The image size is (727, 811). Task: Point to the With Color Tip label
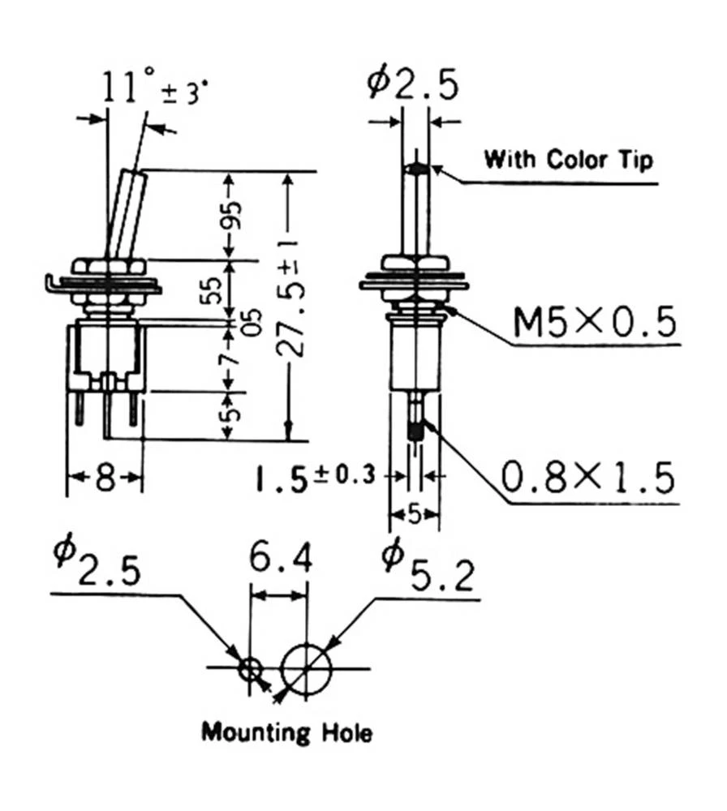click(x=568, y=159)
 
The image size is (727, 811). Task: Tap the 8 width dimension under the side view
click(x=105, y=478)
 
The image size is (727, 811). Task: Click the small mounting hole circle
click(x=251, y=669)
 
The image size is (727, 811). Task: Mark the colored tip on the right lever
click(x=416, y=169)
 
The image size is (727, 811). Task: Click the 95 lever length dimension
click(x=234, y=214)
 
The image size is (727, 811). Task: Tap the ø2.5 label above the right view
click(x=413, y=84)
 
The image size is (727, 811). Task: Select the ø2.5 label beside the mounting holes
click(x=97, y=562)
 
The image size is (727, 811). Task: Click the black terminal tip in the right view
click(x=416, y=431)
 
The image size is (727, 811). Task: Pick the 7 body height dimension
click(x=232, y=357)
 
